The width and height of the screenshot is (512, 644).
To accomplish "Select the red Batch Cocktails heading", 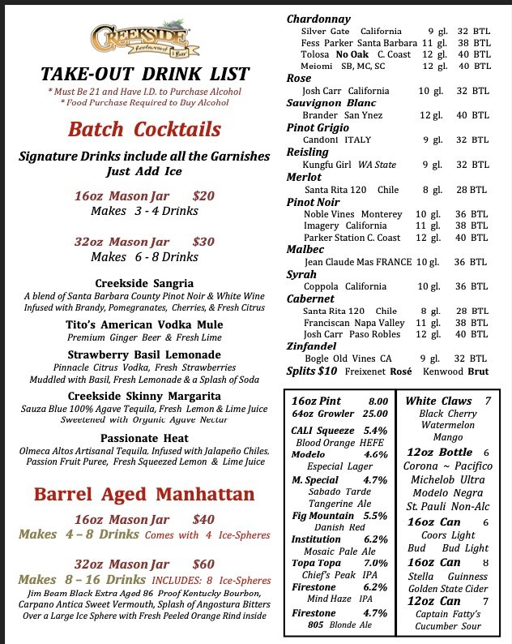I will point(144,129).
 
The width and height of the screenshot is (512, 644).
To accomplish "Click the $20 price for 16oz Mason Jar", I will point(203,195).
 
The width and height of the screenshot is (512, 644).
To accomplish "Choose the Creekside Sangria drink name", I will point(144,283).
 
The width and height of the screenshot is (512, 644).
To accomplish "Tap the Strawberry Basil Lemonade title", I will point(144,354).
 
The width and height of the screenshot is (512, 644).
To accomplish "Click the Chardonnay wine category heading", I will point(318,19).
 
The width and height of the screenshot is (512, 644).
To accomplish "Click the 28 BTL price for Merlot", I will point(471,189).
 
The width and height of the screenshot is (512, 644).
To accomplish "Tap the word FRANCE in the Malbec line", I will point(392,262).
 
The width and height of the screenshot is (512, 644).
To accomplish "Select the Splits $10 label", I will point(313,371).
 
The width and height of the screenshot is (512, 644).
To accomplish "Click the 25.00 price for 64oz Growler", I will point(372,414).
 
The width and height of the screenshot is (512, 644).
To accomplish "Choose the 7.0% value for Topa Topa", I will point(375,562).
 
